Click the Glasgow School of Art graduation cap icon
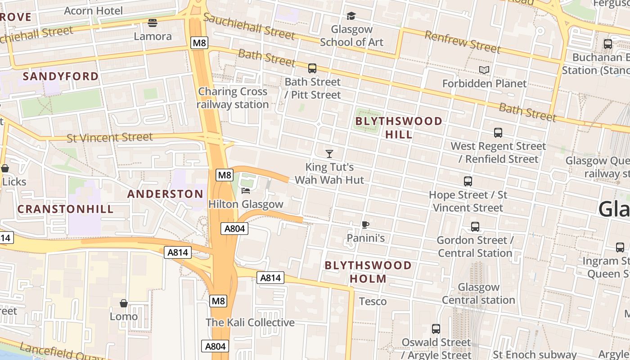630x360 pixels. coord(351,16)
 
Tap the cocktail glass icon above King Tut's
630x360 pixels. coord(329,154)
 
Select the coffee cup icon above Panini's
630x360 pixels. coord(365,225)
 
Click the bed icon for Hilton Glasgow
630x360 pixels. coord(246,191)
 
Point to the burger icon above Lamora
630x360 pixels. coord(153,23)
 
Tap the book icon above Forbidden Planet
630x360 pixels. coord(484,70)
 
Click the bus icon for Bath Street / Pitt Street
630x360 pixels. coord(312,68)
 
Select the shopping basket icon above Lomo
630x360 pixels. coord(124,303)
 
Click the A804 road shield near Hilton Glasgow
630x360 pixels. coord(235,229)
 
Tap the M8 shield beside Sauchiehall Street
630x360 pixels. coord(199,43)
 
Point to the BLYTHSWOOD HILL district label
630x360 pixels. coord(399,128)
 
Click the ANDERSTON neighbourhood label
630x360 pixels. coord(165,194)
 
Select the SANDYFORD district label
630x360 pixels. coord(61,76)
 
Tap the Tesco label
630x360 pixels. coord(373,301)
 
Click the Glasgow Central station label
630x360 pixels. coord(478,293)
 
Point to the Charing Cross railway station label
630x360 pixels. coord(233,98)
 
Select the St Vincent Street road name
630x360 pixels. coord(110,137)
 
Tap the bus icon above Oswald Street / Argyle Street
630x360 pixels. coord(436,329)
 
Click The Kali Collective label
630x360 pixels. coord(250,323)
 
